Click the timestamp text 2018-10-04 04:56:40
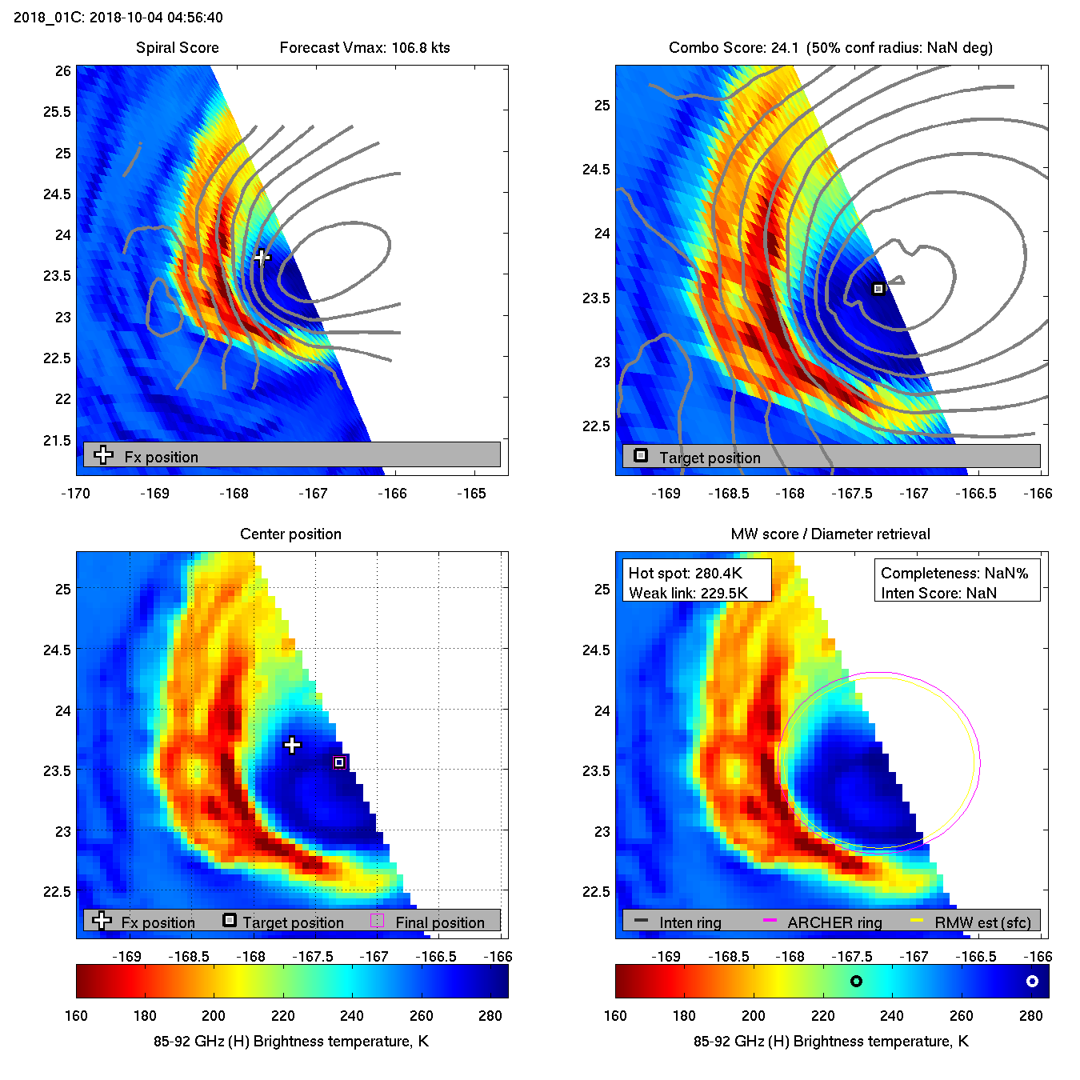tap(156, 18)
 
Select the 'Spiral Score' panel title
tap(177, 48)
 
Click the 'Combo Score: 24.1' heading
tap(734, 48)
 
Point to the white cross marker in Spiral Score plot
tap(262, 257)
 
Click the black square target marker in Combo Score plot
tap(878, 289)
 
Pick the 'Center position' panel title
tap(290, 534)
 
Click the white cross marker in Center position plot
tap(293, 746)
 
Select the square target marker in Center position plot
tap(339, 762)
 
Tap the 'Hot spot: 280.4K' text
tap(686, 573)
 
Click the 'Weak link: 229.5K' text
tap(688, 593)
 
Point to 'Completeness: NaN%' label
tap(954, 573)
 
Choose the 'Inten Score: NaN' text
tap(938, 593)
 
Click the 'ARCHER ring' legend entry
tap(834, 922)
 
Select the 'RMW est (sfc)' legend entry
tap(982, 922)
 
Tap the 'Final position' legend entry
tap(439, 922)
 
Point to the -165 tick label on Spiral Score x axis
tap(471, 494)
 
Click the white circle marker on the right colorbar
tap(1032, 981)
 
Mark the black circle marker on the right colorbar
tap(856, 981)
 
